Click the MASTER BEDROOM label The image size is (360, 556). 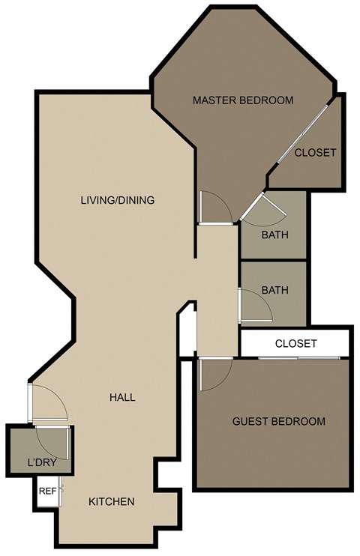(x=242, y=100)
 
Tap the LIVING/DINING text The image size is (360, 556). (x=118, y=200)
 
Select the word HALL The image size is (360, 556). (x=121, y=397)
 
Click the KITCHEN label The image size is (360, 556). (x=112, y=501)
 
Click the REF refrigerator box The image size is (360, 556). (x=47, y=492)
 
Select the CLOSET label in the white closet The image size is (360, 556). (x=295, y=344)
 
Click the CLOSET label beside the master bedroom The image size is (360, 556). (x=315, y=152)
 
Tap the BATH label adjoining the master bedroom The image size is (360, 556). (x=274, y=235)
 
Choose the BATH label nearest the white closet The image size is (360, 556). (x=274, y=290)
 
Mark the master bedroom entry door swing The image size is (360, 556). (x=211, y=207)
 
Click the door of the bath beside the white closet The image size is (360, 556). (x=250, y=305)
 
